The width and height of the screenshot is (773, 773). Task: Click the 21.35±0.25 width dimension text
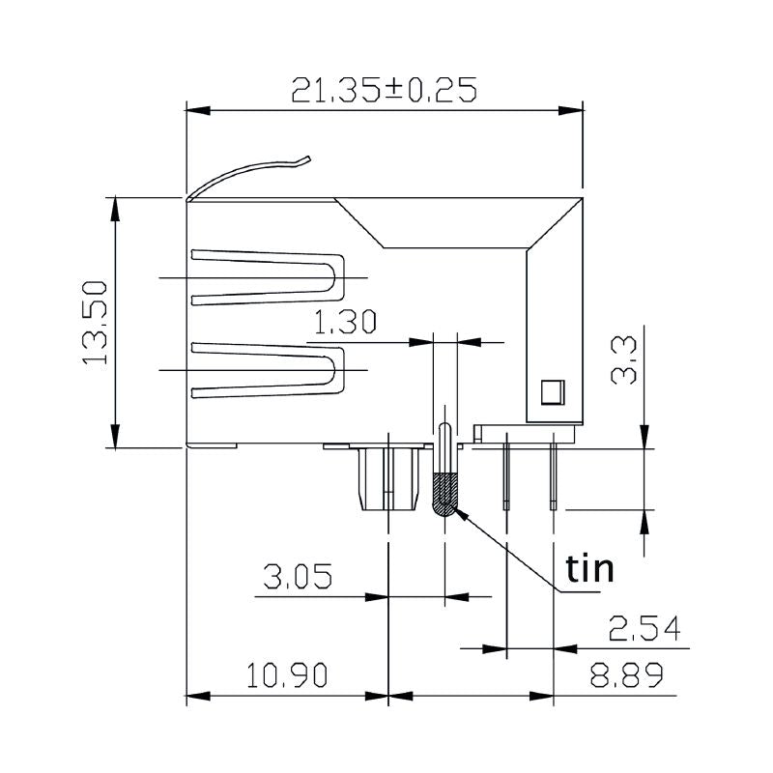tap(385, 89)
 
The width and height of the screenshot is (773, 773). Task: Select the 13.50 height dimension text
tap(95, 323)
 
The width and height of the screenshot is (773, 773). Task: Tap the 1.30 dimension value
tap(345, 323)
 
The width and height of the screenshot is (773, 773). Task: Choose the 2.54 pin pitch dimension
tap(644, 629)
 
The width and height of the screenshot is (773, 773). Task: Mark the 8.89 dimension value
tap(626, 674)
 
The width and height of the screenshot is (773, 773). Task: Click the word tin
tap(589, 569)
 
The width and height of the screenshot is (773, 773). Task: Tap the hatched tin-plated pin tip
tap(444, 495)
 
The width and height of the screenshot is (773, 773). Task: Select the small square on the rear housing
tap(551, 391)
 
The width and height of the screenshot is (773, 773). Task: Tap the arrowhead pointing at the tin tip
tap(465, 518)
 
